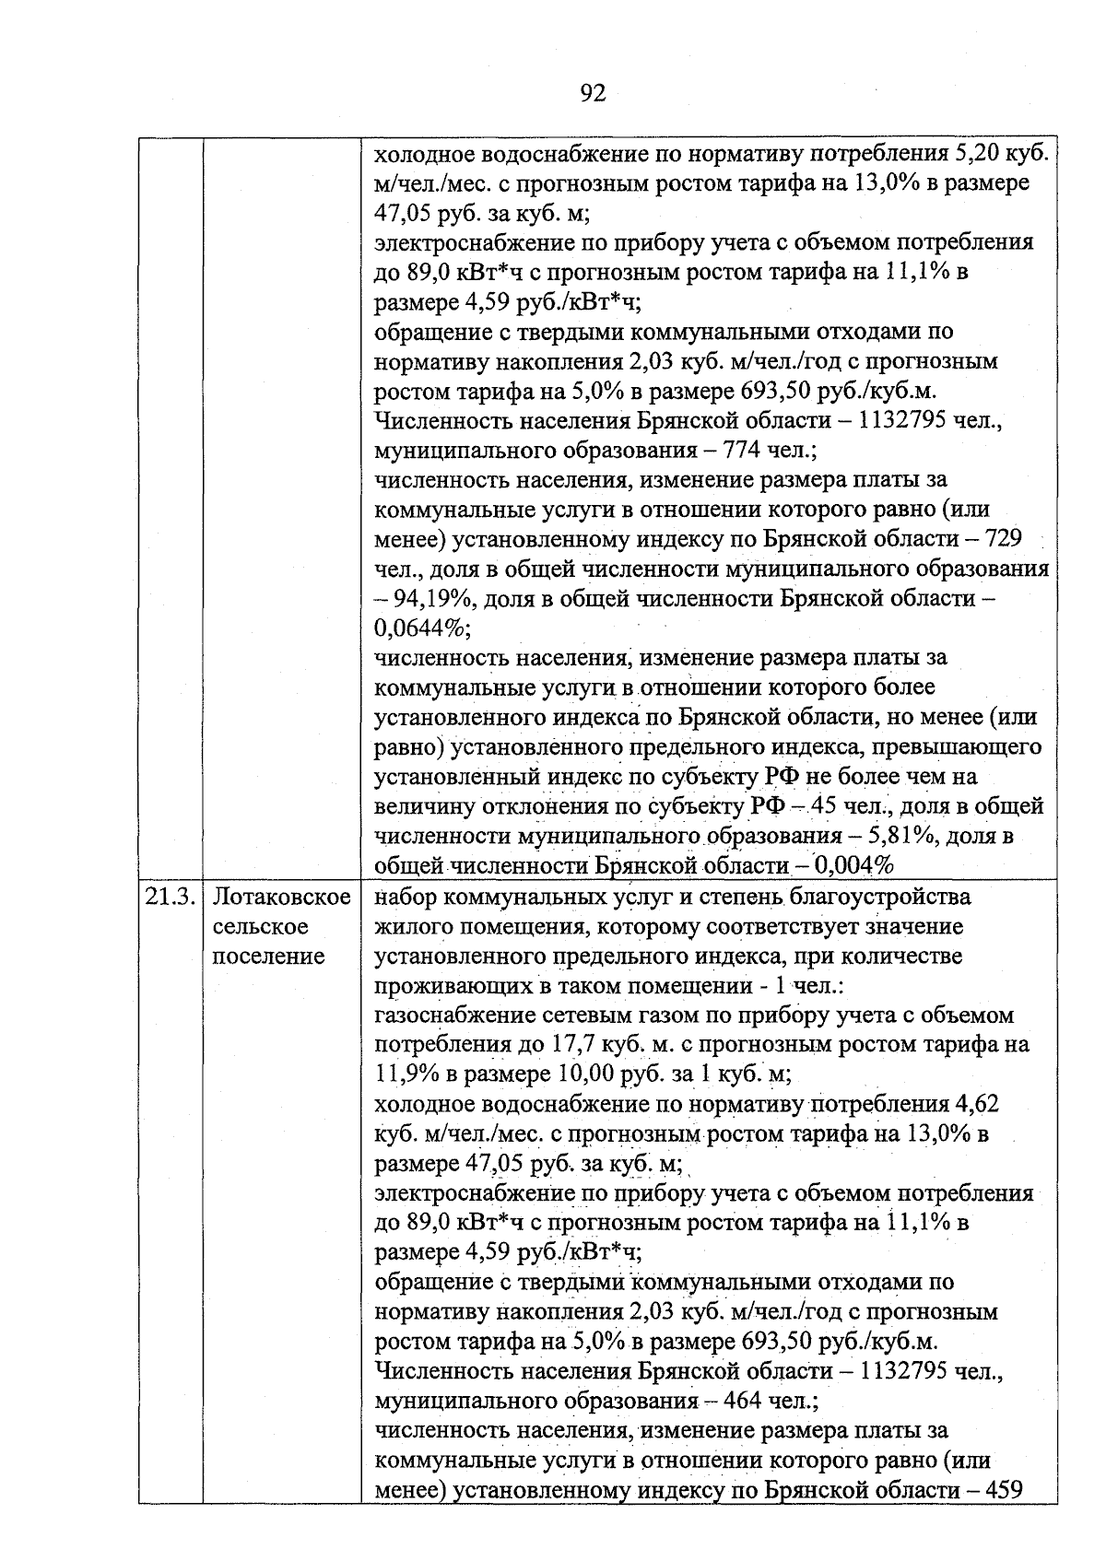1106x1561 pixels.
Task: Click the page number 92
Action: coord(593,93)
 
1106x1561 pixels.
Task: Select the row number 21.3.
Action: coord(171,897)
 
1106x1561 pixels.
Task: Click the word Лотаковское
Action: coord(282,897)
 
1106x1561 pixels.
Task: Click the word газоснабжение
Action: coord(451,1015)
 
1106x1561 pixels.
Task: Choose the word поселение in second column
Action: coord(268,956)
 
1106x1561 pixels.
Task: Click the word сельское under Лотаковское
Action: coord(261,926)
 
